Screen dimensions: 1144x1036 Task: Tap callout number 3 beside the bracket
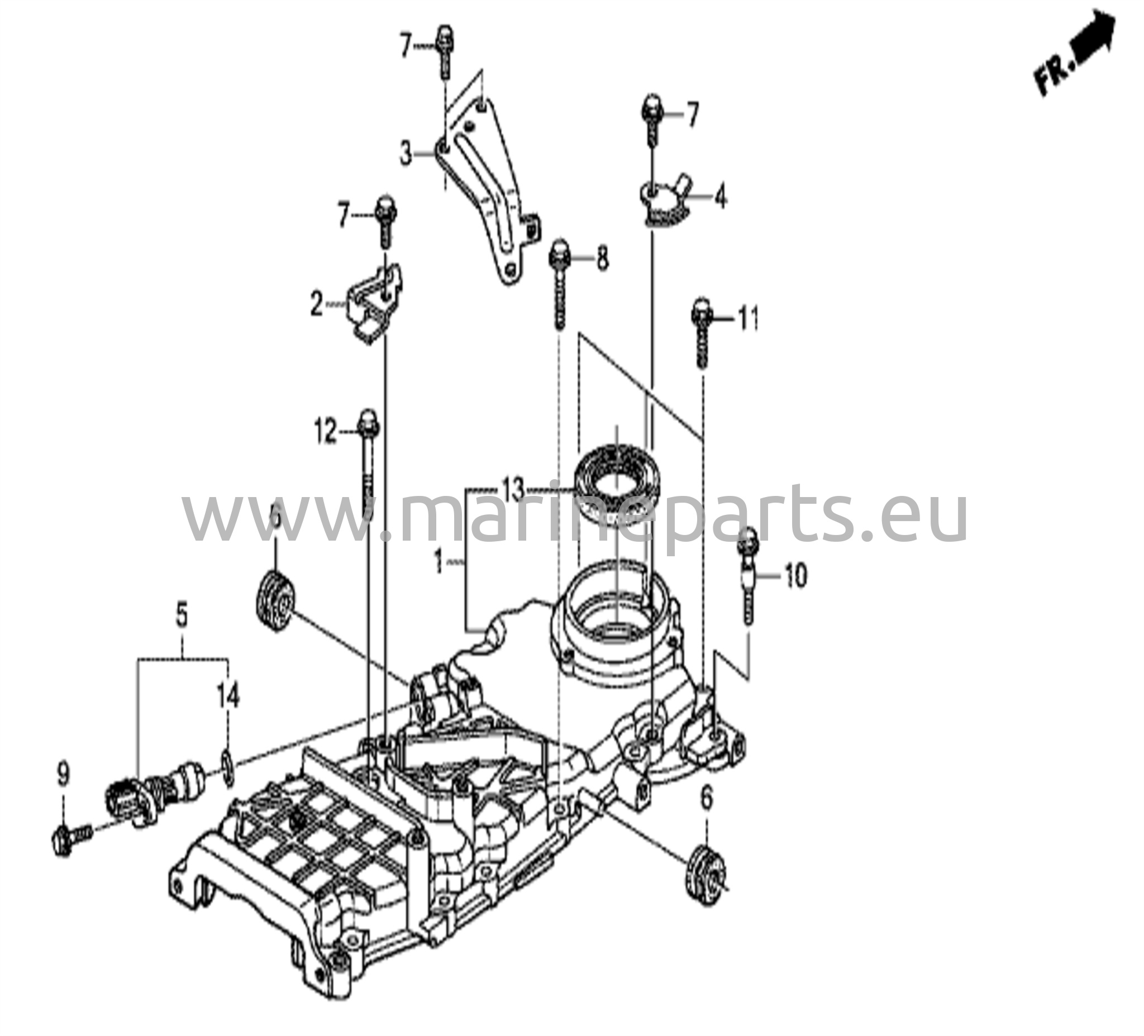point(404,153)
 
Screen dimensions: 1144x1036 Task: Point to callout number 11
point(747,321)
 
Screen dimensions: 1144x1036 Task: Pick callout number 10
point(794,577)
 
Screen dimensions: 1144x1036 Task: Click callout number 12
point(326,434)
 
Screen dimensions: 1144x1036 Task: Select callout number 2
point(317,305)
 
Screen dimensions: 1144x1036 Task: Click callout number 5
point(182,617)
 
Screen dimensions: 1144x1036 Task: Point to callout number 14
point(228,695)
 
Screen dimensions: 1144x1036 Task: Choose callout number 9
point(63,775)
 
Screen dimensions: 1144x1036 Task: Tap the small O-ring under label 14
point(226,767)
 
